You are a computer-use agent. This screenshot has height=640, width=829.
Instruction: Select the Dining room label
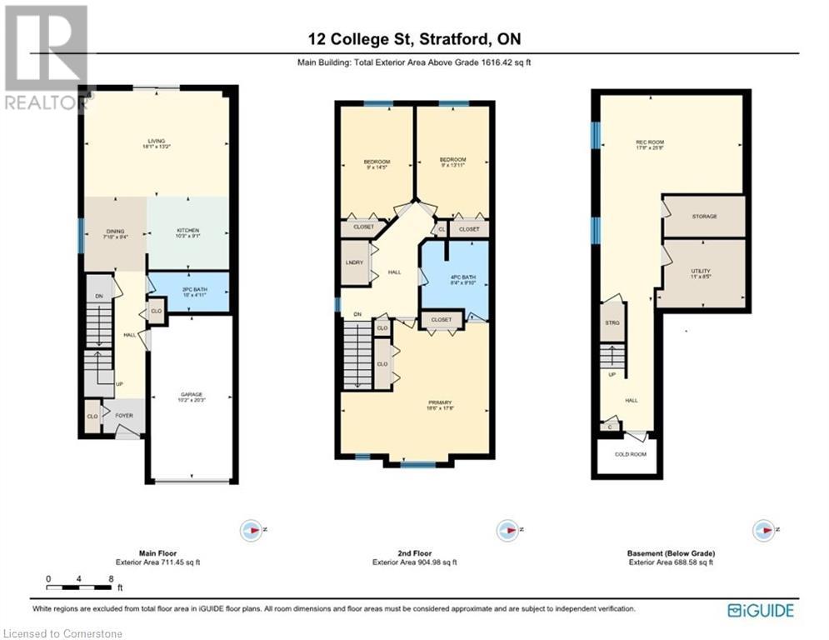click(114, 232)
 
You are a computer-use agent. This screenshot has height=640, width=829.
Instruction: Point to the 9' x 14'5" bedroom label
click(377, 162)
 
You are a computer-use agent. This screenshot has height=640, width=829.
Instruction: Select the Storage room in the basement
click(704, 217)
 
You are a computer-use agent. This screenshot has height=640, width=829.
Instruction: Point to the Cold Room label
click(627, 454)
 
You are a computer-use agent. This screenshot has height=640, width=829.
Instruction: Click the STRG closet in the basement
click(612, 322)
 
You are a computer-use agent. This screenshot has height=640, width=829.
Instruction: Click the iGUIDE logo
click(760, 610)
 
